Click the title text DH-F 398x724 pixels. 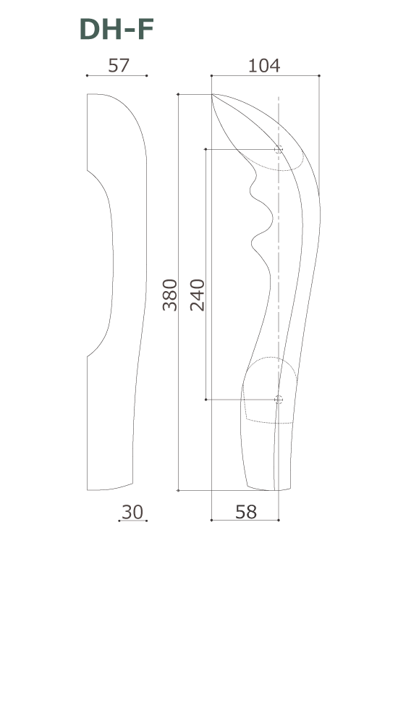(116, 30)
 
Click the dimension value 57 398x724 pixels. (118, 65)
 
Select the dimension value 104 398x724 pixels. (263, 65)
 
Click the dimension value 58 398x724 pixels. (246, 511)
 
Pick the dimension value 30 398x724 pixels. (132, 511)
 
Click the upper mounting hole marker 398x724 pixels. (279, 150)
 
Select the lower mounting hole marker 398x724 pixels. (279, 399)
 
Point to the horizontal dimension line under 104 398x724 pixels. (265, 75)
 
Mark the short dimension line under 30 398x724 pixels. (132, 521)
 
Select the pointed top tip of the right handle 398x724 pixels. (212, 95)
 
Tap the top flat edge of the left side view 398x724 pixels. (92, 94)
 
